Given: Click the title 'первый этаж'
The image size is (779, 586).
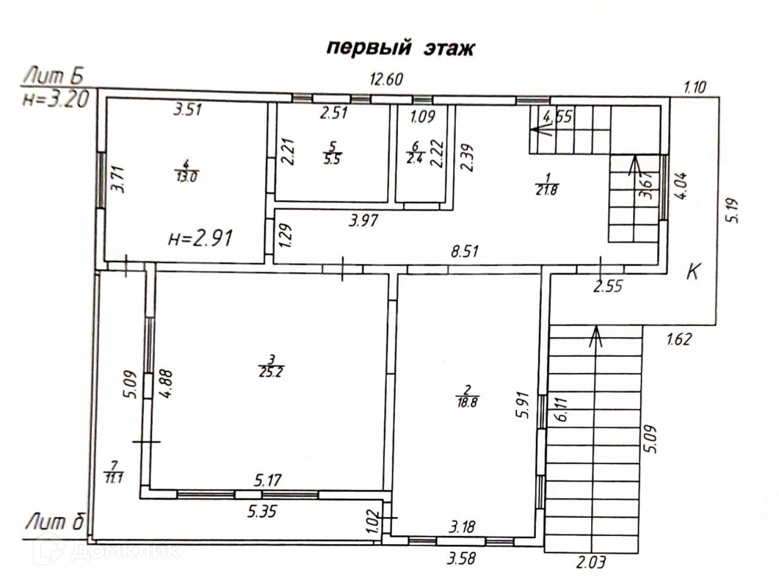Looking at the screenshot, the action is (x=400, y=48).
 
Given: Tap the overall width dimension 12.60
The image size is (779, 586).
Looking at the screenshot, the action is (x=386, y=80).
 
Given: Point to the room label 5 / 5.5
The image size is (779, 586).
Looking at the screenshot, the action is (x=333, y=153).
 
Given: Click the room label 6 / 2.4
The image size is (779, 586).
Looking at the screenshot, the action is (x=415, y=153).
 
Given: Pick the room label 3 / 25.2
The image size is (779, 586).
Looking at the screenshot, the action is (x=271, y=366).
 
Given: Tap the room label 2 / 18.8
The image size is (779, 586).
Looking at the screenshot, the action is (x=467, y=396).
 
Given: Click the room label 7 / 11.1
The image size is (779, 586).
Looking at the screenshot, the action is (x=113, y=472).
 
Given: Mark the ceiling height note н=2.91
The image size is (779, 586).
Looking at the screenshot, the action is (x=200, y=238).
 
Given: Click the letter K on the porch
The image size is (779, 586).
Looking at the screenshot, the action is (x=693, y=272).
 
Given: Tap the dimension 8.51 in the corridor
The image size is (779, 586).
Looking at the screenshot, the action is (x=464, y=252).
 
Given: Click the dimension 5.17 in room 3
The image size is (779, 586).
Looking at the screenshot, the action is (x=268, y=480).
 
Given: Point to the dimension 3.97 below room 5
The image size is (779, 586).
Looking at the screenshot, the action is (x=363, y=220).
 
